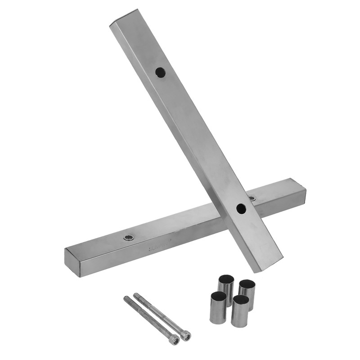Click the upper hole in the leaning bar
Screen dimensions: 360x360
pyautogui.click(x=160, y=72)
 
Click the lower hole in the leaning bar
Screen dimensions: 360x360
pyautogui.click(x=241, y=208)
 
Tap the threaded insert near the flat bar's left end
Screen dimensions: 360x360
pyautogui.click(x=129, y=237)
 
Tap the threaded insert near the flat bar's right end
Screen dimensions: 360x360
pyautogui.click(x=252, y=198)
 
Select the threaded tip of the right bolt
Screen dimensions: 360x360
pyautogui.click(x=136, y=295)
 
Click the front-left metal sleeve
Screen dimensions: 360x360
pyautogui.click(x=218, y=308)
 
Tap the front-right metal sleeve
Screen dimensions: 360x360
pyautogui.click(x=240, y=311)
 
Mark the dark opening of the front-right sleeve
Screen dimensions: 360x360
pyautogui.click(x=241, y=300)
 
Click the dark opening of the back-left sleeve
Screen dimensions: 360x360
pyautogui.click(x=226, y=279)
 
